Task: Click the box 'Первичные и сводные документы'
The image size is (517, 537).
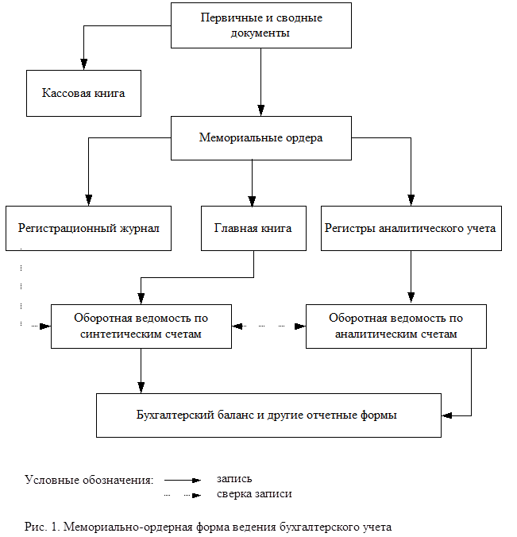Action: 261,25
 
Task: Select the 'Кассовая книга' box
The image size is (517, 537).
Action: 83,93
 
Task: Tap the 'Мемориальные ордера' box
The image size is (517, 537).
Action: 261,138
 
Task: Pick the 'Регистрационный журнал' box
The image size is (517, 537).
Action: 88,228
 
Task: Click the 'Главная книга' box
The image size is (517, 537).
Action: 253,228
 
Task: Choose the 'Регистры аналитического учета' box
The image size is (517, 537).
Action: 411,228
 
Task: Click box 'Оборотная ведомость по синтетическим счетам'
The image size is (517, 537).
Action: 141,326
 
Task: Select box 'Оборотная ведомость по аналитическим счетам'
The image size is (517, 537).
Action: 396,326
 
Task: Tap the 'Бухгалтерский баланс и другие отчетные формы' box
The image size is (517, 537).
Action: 268,415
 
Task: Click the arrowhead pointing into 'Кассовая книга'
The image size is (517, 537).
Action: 84,64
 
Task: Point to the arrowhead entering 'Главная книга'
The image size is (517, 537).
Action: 252,201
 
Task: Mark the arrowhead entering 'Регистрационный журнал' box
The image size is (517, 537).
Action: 89,200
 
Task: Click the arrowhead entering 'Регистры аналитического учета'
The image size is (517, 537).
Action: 411,200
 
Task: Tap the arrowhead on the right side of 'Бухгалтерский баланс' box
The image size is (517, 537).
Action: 447,415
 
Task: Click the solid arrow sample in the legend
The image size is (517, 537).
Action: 183,480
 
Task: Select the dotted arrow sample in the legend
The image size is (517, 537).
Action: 183,495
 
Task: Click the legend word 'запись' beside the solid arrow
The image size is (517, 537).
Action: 234,479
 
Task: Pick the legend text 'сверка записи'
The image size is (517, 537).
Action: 254,494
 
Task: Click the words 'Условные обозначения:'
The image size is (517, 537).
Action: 89,480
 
